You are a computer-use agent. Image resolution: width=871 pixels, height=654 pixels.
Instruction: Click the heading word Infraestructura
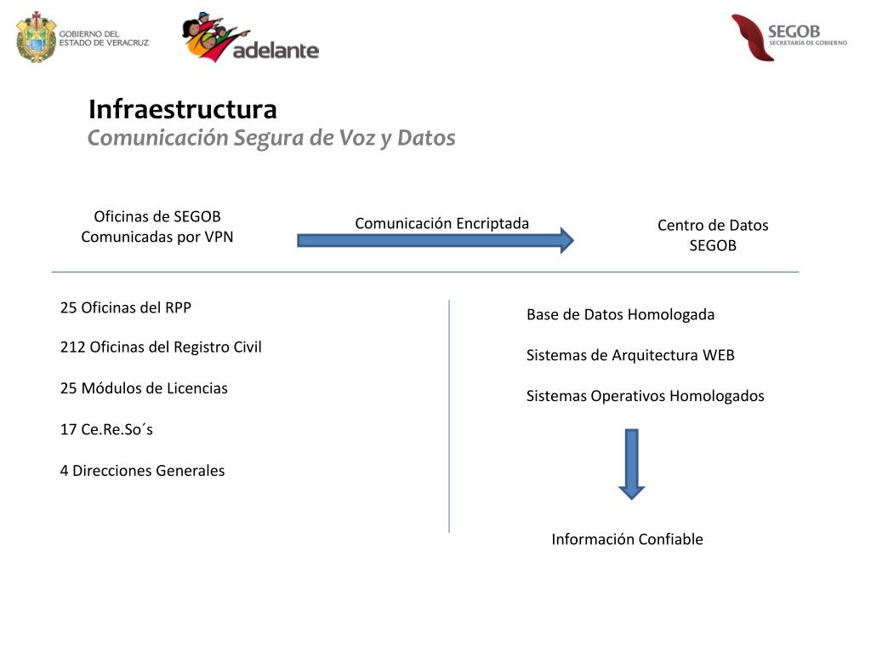[183, 110]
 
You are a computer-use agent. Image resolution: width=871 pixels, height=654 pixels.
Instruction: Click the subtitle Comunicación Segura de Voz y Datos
[271, 138]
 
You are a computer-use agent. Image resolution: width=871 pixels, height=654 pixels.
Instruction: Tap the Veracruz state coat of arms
[36, 37]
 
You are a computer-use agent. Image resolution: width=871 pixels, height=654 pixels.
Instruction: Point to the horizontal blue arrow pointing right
[435, 240]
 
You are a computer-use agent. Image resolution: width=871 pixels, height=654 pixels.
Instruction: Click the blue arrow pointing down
[631, 463]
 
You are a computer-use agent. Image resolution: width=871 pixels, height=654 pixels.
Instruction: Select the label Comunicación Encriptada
[441, 223]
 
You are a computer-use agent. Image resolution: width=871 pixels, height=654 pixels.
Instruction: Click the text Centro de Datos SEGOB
[713, 235]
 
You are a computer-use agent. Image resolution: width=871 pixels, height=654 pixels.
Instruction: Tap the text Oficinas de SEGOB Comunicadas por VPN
[157, 227]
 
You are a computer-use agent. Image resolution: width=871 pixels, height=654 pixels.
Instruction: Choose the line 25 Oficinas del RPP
[126, 307]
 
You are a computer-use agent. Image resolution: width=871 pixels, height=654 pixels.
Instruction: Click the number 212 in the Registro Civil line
[72, 347]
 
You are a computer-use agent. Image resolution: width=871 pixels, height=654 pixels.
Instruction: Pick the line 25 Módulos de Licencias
[144, 388]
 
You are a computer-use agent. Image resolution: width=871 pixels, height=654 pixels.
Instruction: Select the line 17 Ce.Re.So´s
[106, 429]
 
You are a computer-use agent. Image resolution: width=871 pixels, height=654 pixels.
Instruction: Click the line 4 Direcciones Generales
[142, 471]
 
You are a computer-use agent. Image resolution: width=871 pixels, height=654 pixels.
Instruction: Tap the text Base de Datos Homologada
[620, 314]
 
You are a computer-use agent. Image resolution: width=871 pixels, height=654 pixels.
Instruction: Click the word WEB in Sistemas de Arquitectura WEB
[718, 355]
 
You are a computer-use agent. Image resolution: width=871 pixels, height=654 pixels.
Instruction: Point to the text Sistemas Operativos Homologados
[645, 396]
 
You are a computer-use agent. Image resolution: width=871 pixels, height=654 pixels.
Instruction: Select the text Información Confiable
[627, 539]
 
